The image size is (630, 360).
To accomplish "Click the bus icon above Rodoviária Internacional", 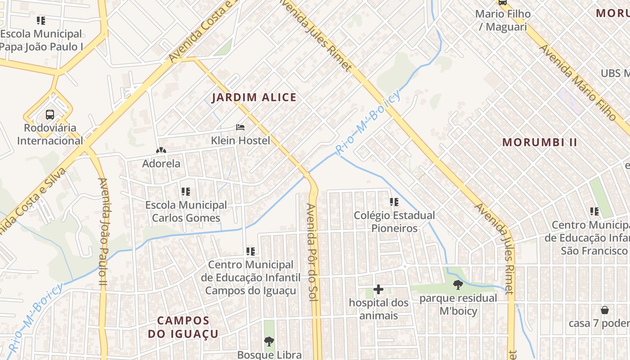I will [49, 114].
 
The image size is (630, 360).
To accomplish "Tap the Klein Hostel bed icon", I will [240, 127].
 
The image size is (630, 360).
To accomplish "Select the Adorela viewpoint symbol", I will [161, 150].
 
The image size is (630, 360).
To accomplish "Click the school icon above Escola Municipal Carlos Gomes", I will [185, 192].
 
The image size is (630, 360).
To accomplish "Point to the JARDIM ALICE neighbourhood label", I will [254, 97].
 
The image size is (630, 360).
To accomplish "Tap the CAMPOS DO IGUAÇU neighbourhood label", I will [183, 327].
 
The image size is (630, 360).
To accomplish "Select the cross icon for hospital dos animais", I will [378, 289].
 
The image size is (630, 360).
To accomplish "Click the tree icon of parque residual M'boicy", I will [458, 284].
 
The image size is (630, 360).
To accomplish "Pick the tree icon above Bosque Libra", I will [269, 341].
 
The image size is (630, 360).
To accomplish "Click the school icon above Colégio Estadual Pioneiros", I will [394, 202].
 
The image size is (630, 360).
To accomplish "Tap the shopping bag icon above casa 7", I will [605, 310].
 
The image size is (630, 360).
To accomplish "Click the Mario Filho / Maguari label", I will [503, 20].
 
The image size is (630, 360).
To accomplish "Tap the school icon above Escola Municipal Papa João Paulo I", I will [41, 20].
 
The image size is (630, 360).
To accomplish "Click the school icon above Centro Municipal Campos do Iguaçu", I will [251, 252].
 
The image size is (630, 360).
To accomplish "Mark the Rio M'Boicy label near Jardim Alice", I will [368, 121].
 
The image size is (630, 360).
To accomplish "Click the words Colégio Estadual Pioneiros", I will [394, 222].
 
